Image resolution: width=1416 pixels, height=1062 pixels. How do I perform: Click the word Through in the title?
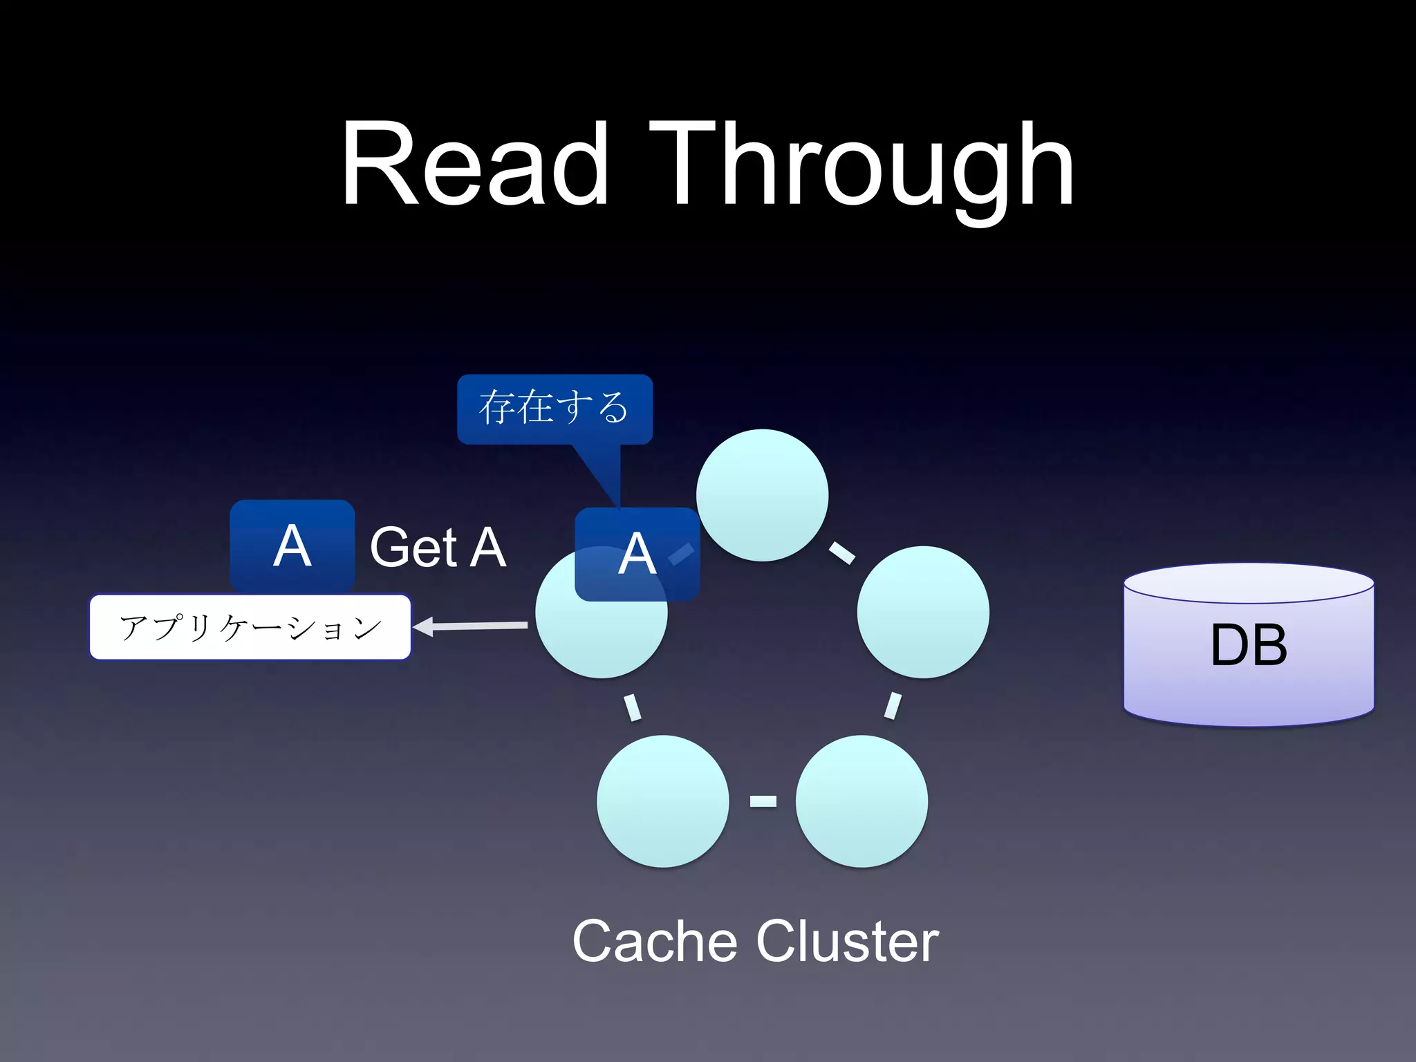tap(861, 166)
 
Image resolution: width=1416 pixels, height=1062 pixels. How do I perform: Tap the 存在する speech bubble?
tap(555, 409)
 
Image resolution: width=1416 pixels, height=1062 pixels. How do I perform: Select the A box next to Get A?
tap(292, 546)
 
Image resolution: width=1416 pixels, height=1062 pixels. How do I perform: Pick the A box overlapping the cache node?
tap(637, 555)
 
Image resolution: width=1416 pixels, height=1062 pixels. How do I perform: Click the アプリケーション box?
tap(250, 627)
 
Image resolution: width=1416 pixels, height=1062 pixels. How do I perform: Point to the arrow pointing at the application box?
tap(470, 626)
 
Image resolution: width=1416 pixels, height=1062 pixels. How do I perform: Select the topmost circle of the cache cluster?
tap(762, 495)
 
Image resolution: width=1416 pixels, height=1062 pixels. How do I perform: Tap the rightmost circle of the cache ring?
tap(923, 612)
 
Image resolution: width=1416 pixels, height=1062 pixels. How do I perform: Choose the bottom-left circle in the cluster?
tap(662, 801)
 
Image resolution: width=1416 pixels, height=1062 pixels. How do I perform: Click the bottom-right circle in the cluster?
tap(861, 801)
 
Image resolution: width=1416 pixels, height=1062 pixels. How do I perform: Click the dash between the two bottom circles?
tap(763, 801)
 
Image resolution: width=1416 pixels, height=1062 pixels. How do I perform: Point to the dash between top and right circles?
tap(841, 552)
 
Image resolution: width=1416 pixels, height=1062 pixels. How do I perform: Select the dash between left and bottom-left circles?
tap(633, 707)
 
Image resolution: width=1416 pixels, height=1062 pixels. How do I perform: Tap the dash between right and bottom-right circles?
tap(893, 706)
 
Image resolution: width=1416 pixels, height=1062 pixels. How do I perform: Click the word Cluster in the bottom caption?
tap(847, 941)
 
